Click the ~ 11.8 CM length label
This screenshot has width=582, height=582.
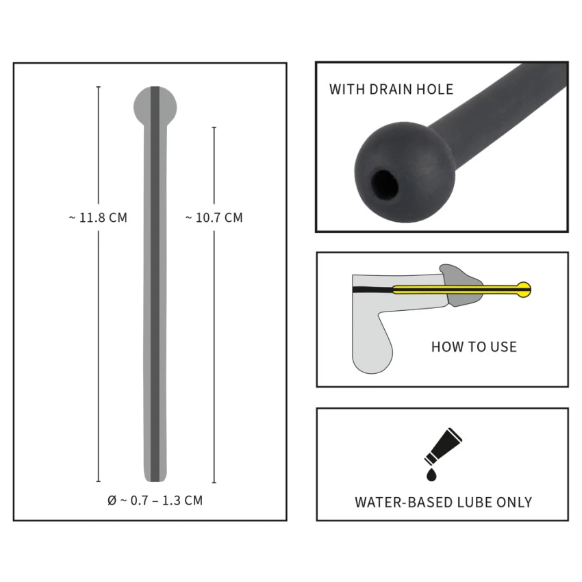pos(98,218)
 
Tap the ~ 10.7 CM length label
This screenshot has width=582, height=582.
pos(214,218)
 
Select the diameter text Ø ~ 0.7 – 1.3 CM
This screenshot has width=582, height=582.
pos(155,501)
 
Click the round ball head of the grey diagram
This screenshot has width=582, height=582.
pos(155,107)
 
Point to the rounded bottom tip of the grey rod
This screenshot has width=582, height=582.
pos(155,479)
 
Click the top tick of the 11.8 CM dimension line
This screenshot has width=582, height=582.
pos(99,87)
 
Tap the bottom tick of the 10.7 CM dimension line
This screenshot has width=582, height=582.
pos(214,483)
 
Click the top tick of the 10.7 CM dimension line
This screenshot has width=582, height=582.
pos(214,127)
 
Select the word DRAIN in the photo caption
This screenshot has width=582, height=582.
pos(391,90)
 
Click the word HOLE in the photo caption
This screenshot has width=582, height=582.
pos(435,90)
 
